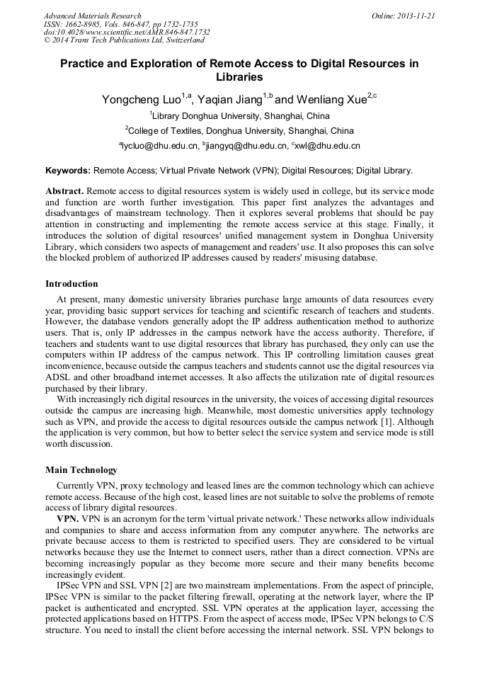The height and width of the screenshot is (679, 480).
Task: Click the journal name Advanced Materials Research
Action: [92, 16]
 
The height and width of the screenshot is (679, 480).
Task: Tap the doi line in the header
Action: [127, 32]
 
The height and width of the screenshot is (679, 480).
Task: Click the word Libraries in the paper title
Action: [239, 76]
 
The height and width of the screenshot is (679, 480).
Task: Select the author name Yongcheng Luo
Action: [140, 100]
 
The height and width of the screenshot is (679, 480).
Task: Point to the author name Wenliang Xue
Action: [331, 100]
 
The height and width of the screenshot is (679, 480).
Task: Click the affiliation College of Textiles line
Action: [240, 130]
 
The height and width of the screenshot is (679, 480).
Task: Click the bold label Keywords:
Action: [68, 171]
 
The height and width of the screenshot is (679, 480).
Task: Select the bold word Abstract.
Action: [64, 192]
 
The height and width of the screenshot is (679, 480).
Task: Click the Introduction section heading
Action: [72, 284]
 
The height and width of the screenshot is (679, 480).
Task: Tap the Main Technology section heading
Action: [81, 469]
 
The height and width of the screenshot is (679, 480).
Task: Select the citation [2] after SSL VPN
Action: [149, 588]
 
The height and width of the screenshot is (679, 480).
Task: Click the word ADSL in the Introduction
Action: [59, 379]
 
